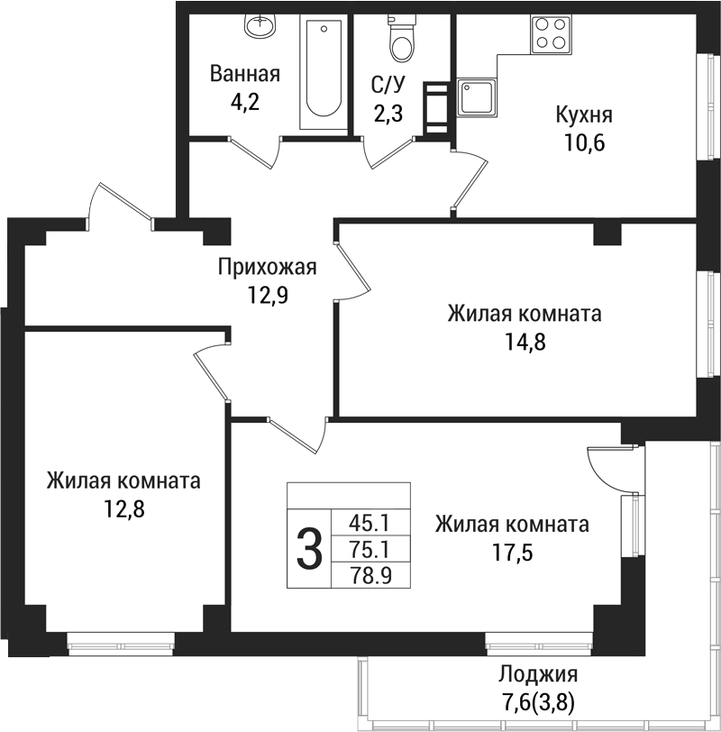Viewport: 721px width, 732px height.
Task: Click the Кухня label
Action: (x=584, y=115)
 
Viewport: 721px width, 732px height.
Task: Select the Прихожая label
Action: (x=268, y=267)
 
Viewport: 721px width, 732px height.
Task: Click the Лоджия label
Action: (x=538, y=674)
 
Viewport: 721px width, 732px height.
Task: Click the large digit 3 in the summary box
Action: (x=309, y=549)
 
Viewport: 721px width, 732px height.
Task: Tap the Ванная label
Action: (x=245, y=74)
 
